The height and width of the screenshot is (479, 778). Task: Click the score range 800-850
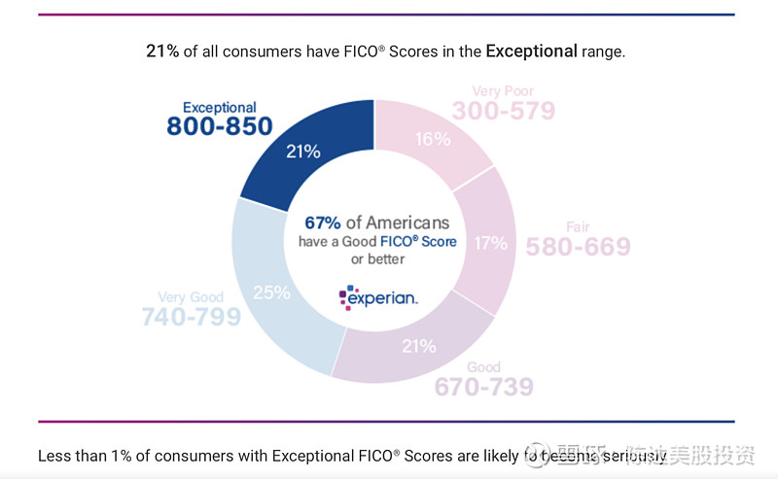(x=219, y=127)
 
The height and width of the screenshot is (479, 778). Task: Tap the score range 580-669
(x=578, y=247)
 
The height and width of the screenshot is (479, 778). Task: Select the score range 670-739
(x=483, y=387)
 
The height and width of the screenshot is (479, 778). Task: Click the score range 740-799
(x=191, y=317)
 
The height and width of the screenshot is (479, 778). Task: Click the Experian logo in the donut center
(x=378, y=297)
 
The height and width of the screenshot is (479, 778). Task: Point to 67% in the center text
(x=323, y=222)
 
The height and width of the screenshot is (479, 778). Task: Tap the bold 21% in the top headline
(x=162, y=51)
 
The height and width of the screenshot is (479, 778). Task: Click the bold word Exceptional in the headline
(x=531, y=51)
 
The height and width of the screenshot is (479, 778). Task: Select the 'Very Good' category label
(x=190, y=297)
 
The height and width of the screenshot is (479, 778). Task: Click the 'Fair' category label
(x=578, y=227)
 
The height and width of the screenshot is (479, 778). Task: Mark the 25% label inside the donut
(x=271, y=291)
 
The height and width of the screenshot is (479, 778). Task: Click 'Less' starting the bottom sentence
(x=54, y=455)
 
